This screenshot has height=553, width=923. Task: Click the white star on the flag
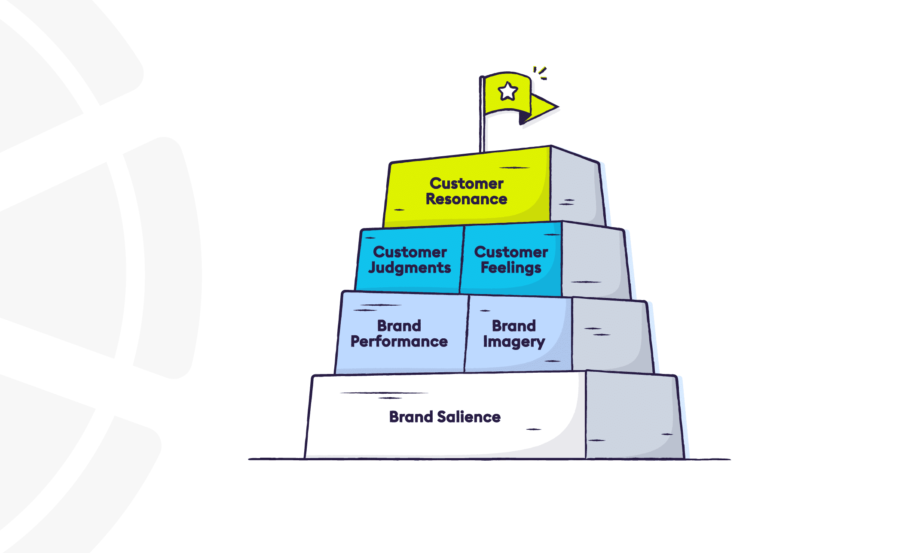[x=507, y=91]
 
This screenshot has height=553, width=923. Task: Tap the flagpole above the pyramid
[x=482, y=129]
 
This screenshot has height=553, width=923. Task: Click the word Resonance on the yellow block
[x=466, y=199]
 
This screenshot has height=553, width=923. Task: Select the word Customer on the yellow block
[x=466, y=184]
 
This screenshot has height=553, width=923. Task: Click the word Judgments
[x=410, y=268]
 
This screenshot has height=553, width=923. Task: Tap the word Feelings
[x=511, y=268]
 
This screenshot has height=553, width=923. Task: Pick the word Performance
[x=399, y=341]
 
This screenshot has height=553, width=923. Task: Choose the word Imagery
[x=514, y=342]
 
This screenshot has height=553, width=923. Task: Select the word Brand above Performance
[x=399, y=326]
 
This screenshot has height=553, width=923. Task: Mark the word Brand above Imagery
[x=514, y=326]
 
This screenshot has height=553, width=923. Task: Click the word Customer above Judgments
[x=410, y=252]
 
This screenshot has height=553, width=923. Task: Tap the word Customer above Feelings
[x=511, y=252]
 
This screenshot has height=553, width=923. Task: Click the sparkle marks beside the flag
[x=541, y=73]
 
